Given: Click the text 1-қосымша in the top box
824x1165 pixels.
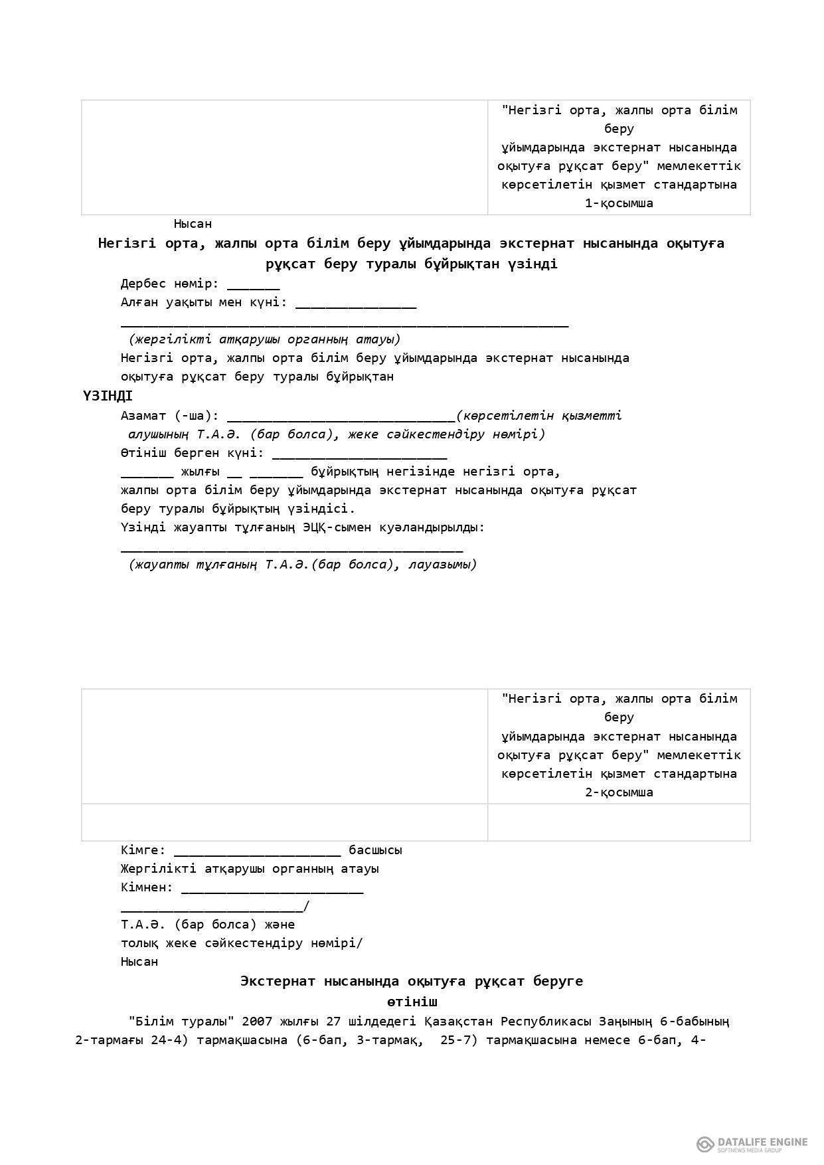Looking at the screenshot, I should click(619, 203).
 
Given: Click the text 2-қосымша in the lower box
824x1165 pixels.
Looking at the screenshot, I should click(619, 792).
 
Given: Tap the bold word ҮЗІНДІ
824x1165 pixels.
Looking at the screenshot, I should click(108, 397).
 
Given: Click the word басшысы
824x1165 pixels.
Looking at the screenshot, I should click(375, 850).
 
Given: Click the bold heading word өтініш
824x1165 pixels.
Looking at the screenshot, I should click(412, 1002).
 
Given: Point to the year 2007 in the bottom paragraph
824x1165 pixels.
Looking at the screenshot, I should click(257, 1021).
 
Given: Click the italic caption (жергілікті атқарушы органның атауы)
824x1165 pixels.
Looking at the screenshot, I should click(265, 339).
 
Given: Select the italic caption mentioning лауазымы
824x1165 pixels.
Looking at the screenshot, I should click(303, 565).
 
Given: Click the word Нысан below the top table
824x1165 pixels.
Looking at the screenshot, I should click(193, 224).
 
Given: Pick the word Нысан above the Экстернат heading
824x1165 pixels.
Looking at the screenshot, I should click(139, 962).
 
